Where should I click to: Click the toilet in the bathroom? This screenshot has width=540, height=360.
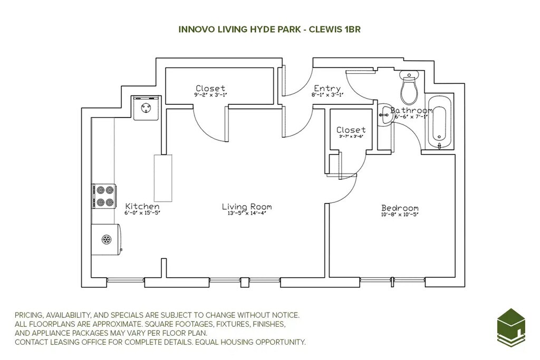(409, 89)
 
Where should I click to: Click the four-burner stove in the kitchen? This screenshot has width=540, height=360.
(104, 196)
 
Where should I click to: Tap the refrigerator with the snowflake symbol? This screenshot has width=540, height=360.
(107, 240)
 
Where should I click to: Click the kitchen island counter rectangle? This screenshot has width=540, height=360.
(163, 178)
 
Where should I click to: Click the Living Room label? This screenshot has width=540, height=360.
(247, 207)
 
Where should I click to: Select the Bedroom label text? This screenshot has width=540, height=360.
(400, 208)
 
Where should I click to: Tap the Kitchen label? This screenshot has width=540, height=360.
(142, 207)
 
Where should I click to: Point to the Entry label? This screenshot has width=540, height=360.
(327, 88)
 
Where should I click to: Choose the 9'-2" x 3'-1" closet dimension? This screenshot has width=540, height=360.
(210, 95)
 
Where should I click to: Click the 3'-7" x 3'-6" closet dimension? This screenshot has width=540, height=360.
(351, 137)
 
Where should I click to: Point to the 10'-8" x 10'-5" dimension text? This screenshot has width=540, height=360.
(400, 215)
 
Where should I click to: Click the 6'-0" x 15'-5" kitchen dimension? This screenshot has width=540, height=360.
(142, 213)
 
